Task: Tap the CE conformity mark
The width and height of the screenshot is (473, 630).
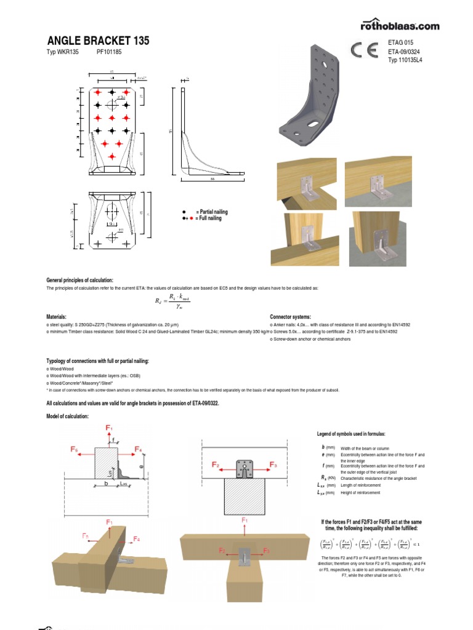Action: tap(364, 50)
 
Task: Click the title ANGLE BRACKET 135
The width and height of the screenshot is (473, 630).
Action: tap(97, 41)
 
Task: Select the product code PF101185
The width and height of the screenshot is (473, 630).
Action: tap(109, 53)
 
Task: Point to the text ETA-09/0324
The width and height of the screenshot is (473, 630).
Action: tap(404, 52)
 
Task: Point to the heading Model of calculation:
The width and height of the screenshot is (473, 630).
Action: tap(68, 417)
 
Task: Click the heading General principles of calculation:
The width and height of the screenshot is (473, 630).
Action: tap(80, 280)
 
